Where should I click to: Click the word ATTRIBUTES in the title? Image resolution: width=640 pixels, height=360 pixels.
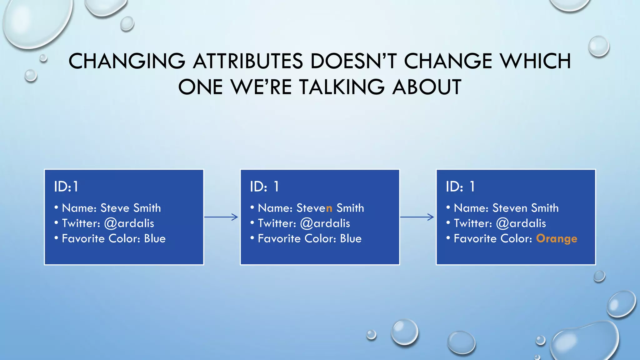point(248,61)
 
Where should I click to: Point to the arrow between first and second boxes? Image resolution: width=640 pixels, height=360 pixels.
point(221,217)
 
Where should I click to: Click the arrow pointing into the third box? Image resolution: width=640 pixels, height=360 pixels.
point(417,217)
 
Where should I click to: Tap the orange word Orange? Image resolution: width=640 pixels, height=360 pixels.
point(557,239)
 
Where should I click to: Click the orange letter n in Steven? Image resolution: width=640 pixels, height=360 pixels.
point(329,208)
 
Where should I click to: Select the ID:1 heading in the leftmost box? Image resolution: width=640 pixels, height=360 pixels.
point(66,187)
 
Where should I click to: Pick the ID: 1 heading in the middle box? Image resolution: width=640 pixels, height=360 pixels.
point(264,187)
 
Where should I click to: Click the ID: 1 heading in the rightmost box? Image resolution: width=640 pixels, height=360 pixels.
point(460,187)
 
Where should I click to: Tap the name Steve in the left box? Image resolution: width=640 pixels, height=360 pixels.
point(115,208)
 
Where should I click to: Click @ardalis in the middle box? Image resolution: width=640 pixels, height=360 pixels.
point(325,223)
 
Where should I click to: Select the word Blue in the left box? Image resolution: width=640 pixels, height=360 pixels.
point(155,239)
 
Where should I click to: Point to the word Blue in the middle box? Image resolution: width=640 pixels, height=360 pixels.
point(351,239)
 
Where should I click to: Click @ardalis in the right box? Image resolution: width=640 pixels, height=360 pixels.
point(521,223)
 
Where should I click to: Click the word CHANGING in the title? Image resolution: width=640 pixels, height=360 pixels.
point(127,61)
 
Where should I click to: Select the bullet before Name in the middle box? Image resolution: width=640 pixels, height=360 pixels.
point(252,207)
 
